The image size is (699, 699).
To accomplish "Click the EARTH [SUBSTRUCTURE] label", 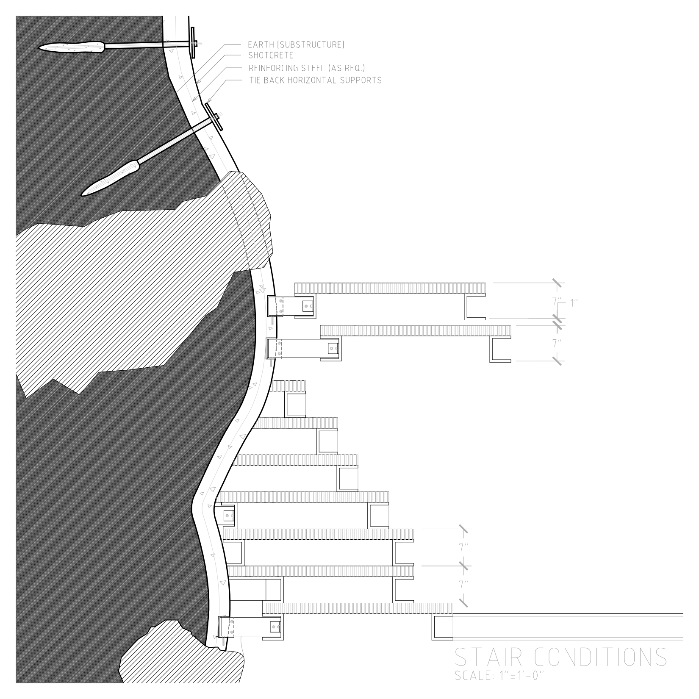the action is click(x=296, y=44).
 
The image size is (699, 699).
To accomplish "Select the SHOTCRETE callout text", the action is click(x=271, y=55).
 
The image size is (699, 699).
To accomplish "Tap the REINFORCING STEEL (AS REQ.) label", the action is click(x=307, y=68).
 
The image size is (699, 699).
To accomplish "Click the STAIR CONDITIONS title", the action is click(x=560, y=657).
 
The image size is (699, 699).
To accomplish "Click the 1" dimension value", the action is click(x=574, y=303).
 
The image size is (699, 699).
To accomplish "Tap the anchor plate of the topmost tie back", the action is click(x=193, y=42).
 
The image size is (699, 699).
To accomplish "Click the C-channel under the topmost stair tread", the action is click(x=476, y=307).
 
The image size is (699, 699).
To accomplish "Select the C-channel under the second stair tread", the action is click(x=501, y=349).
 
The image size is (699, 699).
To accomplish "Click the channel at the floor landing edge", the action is click(x=442, y=627).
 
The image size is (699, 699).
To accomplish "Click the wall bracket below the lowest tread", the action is click(x=251, y=627).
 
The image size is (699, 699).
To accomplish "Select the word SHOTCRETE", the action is click(x=271, y=55).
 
